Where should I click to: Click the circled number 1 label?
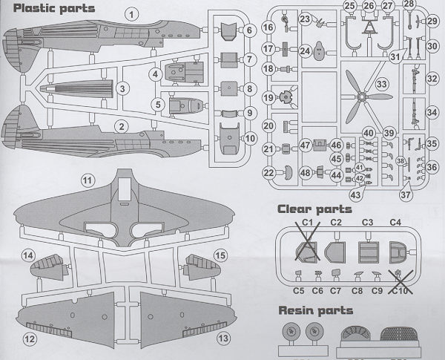click(131, 13)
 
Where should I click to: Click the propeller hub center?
click(360, 96)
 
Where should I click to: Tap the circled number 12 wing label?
click(30, 338)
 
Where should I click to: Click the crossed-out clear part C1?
click(306, 251)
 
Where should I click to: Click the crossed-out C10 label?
click(401, 291)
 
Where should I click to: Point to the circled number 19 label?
click(268, 96)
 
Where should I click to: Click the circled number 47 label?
click(305, 145)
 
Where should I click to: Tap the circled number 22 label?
click(268, 174)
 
